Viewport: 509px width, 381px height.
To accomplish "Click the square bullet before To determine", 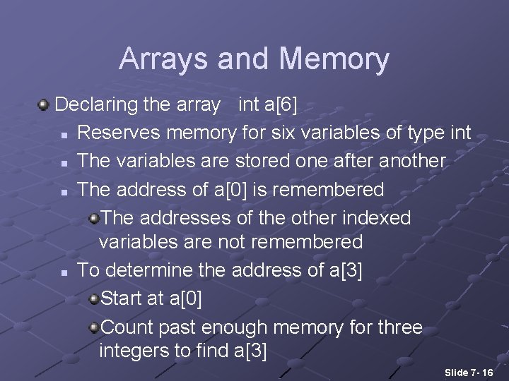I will coord(64,272).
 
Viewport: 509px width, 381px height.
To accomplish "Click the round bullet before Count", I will coord(94,327).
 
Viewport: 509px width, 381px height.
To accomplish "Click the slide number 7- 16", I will coord(478,372).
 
